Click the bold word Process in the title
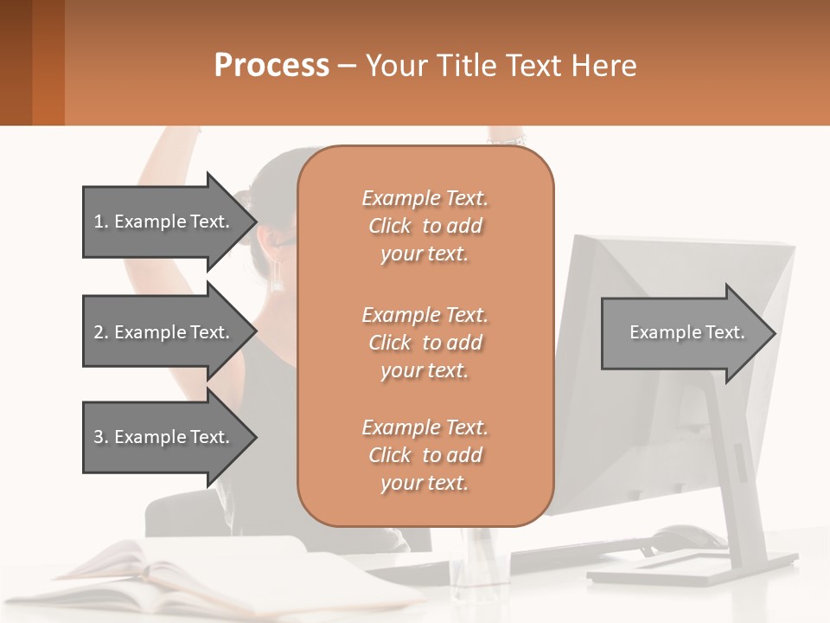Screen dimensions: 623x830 [271, 66]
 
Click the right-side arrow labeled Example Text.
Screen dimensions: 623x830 [687, 332]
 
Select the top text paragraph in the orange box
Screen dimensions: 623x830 [425, 226]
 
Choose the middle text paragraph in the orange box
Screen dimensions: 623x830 [425, 343]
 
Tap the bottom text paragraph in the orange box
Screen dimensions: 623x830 [425, 455]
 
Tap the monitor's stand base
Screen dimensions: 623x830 [692, 567]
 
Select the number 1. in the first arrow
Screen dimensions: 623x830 [100, 222]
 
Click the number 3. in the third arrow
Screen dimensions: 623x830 [100, 437]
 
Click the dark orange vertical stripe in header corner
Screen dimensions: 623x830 [48, 62]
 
